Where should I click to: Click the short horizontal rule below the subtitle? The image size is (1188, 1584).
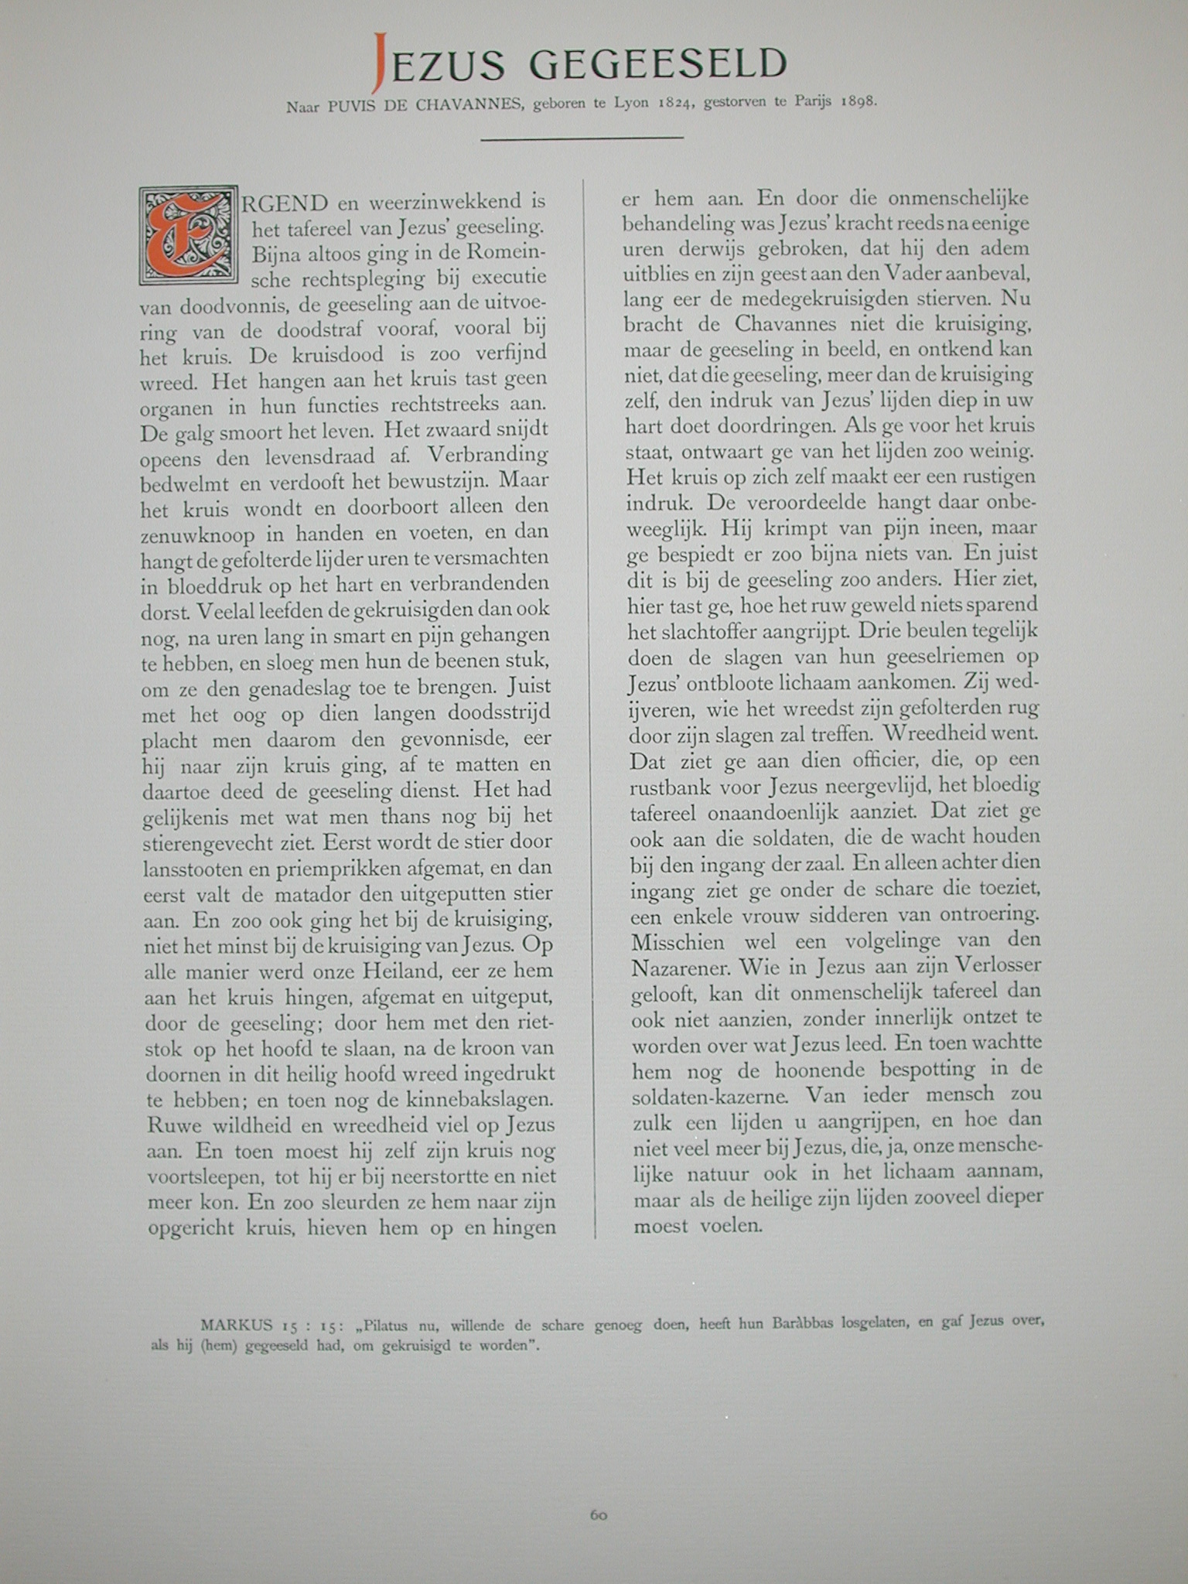click(x=582, y=138)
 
